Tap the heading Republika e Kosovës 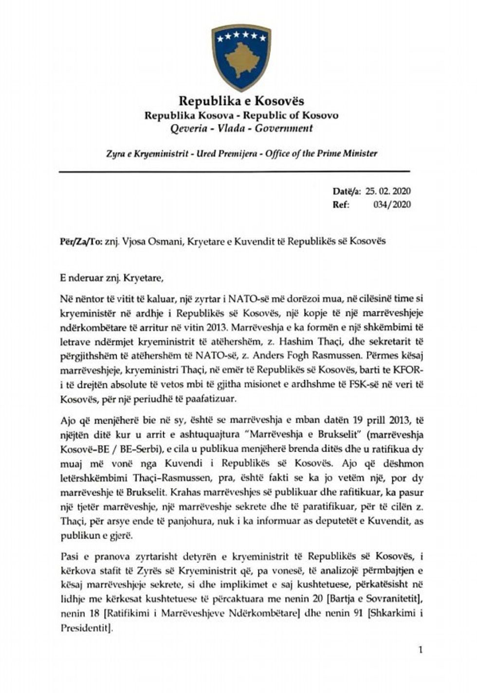(x=241, y=101)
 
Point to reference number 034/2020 (x=392, y=205)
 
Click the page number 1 (x=421, y=649)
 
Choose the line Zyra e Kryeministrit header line (x=241, y=153)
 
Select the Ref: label (x=341, y=205)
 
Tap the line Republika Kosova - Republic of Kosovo (x=241, y=115)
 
